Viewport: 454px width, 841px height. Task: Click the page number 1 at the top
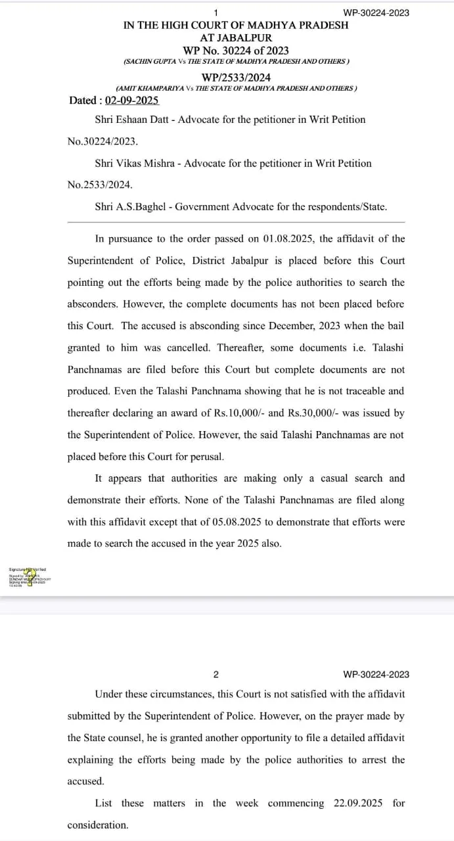[216, 12]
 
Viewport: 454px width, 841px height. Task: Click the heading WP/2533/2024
[236, 76]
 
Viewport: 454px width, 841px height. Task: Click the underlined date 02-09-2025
[131, 101]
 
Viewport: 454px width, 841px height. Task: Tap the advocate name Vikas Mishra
[145, 163]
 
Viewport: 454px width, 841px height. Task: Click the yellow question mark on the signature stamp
[29, 574]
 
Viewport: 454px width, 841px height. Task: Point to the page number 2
[216, 674]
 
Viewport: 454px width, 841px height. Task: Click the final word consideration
[98, 825]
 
